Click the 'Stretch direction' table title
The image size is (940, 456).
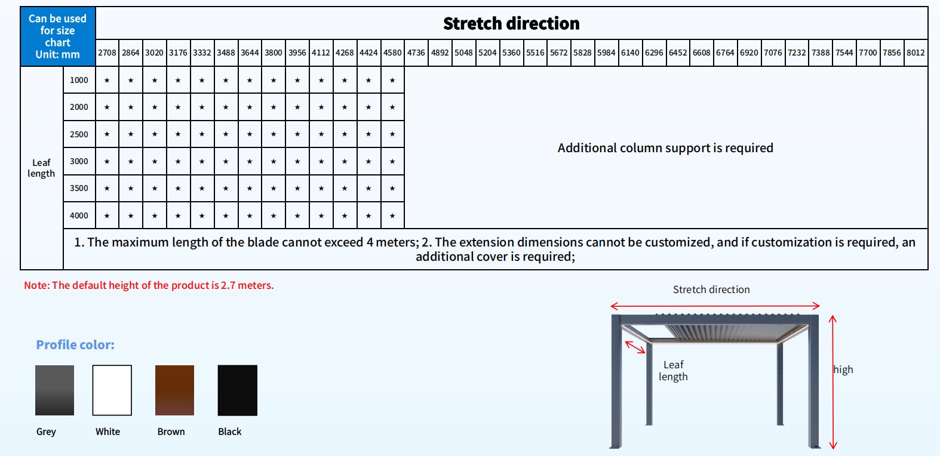coord(511,24)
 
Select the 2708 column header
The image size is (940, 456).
coord(107,53)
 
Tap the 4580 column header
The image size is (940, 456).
coord(392,53)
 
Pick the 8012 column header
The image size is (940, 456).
coord(916,53)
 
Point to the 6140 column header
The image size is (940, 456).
coord(630,53)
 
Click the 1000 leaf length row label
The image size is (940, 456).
coord(79,80)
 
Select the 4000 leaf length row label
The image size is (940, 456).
coord(79,215)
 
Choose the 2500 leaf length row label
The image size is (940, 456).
coord(79,134)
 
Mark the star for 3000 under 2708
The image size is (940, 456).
coord(107,162)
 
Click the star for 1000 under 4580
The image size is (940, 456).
coord(392,81)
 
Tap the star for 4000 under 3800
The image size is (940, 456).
coord(274,216)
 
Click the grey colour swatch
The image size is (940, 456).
coord(54,390)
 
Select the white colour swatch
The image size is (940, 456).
coord(112,390)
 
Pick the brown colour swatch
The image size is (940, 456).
coord(174,390)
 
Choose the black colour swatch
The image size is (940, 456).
coord(237,390)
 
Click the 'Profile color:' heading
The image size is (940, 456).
coord(75,345)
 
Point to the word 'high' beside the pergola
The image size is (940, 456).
coord(843,369)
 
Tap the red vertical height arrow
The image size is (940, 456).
coord(833,382)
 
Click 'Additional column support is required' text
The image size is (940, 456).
coord(665,148)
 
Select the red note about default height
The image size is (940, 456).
coord(149,285)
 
